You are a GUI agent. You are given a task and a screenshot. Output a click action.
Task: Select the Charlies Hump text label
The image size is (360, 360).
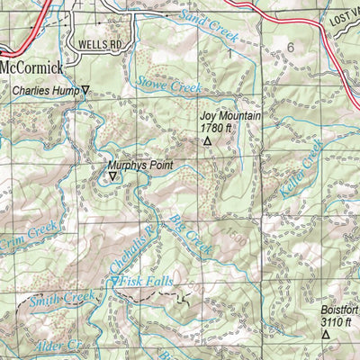pos(45,90)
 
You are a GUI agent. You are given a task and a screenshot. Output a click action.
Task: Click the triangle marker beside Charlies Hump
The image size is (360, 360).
pos(86,90)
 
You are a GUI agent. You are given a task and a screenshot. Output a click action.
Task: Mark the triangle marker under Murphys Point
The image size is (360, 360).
pos(112,176)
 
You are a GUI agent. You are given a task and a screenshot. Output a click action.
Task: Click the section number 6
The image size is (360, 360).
pos(290,47)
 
